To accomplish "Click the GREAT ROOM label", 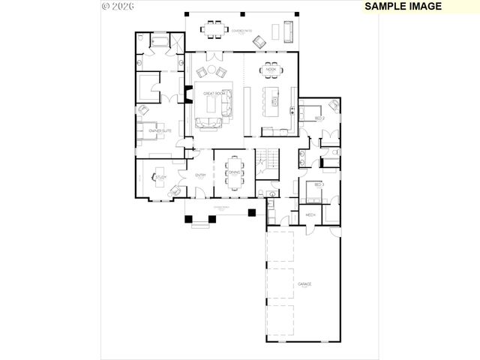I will pos(215,94).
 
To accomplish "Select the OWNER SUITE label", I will pos(158,131).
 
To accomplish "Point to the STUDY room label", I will pos(161,178).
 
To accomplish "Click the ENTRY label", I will pos(200,175).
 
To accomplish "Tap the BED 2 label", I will pos(319,118).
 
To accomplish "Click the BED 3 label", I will pos(319,184).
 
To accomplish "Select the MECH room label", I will pos(310,215).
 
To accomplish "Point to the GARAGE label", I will pos(304,285).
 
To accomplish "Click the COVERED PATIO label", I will pos(241,31).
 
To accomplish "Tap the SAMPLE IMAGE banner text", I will pos(403,6).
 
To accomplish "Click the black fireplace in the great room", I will pos(188,97).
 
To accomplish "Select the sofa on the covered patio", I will pos(288,31).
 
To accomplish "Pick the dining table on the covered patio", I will pos(214,29).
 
